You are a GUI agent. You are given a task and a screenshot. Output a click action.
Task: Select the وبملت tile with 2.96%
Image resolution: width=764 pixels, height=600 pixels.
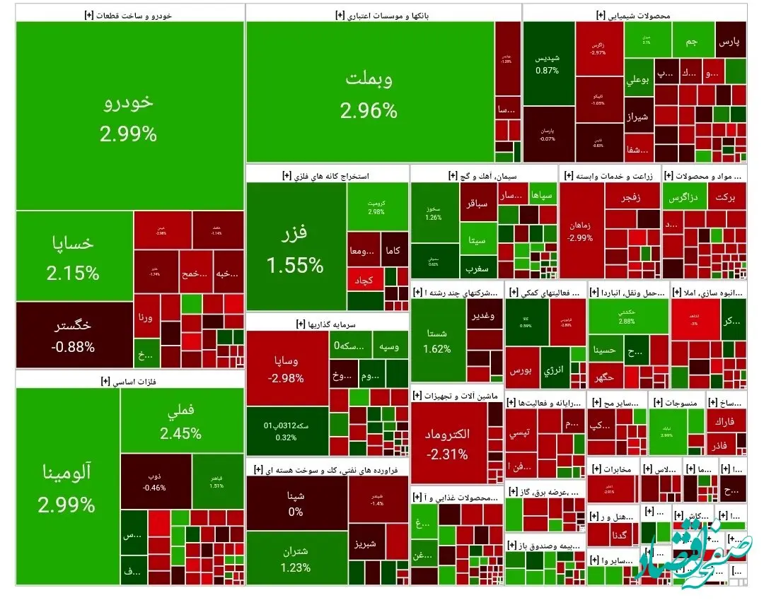(x=369, y=93)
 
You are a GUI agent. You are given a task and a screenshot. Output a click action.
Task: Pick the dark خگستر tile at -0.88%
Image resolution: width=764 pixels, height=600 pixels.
(x=74, y=335)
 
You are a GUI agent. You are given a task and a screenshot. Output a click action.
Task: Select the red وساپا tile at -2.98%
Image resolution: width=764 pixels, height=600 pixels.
(x=286, y=368)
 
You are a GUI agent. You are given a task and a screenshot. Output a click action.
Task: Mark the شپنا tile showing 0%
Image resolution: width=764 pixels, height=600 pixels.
(x=296, y=503)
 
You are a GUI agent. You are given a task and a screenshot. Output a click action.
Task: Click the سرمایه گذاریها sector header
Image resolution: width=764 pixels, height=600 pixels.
(x=327, y=324)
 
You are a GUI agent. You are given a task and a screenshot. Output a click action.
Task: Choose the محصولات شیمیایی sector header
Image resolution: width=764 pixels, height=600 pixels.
(x=635, y=14)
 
